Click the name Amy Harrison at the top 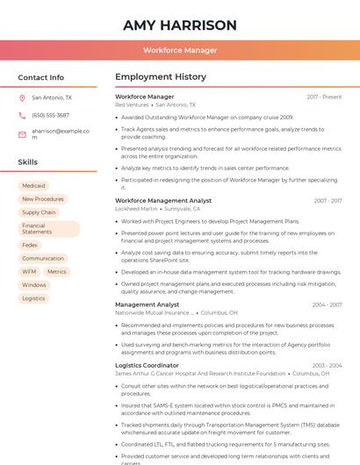pyautogui.click(x=179, y=25)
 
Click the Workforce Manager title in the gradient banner pyautogui.click(x=180, y=50)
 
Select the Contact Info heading pyautogui.click(x=40, y=77)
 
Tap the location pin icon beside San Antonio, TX pyautogui.click(x=22, y=98)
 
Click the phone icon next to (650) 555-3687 pyautogui.click(x=22, y=115)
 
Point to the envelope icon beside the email pyautogui.click(x=22, y=133)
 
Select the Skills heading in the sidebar pyautogui.click(x=28, y=162)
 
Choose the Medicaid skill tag pyautogui.click(x=33, y=186)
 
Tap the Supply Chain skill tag pyautogui.click(x=39, y=212)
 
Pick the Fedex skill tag pyautogui.click(x=30, y=246)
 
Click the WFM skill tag pyautogui.click(x=29, y=272)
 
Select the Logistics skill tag pyautogui.click(x=33, y=298)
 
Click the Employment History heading pyautogui.click(x=161, y=77)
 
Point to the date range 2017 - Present pyautogui.click(x=324, y=97)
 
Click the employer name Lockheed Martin pyautogui.click(x=136, y=209)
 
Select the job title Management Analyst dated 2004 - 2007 pyautogui.click(x=148, y=304)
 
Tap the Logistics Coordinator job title pyautogui.click(x=147, y=365)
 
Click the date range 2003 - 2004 pyautogui.click(x=327, y=365)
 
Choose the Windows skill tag pyautogui.click(x=34, y=285)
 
